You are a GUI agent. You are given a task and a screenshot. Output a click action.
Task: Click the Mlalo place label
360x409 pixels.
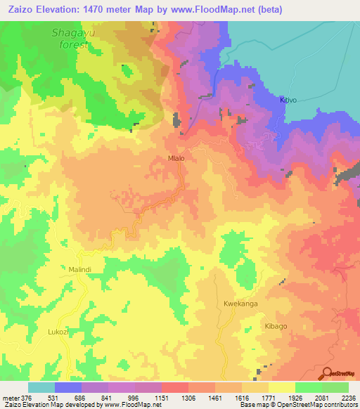pyautogui.click(x=176, y=159)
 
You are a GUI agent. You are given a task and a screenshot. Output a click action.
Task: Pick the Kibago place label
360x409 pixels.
pyautogui.click(x=276, y=327)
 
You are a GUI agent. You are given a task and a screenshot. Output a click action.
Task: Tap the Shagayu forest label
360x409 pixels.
pyautogui.click(x=71, y=39)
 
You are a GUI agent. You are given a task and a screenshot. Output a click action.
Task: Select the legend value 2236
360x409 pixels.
pyautogui.click(x=348, y=397)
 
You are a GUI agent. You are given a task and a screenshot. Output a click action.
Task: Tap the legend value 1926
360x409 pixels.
pyautogui.click(x=293, y=397)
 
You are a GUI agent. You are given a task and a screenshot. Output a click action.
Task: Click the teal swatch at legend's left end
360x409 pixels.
pyautogui.click(x=41, y=387)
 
